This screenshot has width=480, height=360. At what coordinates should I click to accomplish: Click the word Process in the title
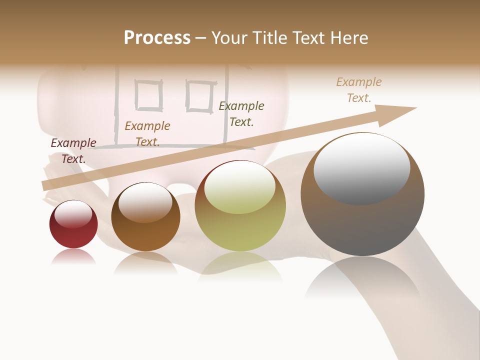point(157,38)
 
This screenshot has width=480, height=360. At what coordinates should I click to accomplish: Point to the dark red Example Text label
point(73,150)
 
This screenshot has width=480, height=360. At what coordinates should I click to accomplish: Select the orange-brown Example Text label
point(147,133)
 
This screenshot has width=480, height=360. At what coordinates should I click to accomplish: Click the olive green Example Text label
point(241,113)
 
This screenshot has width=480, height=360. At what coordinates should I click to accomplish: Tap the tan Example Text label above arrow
point(359,89)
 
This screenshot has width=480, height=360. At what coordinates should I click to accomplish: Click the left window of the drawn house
point(149,95)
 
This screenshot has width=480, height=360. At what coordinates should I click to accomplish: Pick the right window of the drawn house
point(200,95)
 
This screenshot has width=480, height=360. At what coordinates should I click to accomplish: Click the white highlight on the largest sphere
point(362,168)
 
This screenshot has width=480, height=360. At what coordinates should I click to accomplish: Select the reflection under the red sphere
point(73,256)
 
